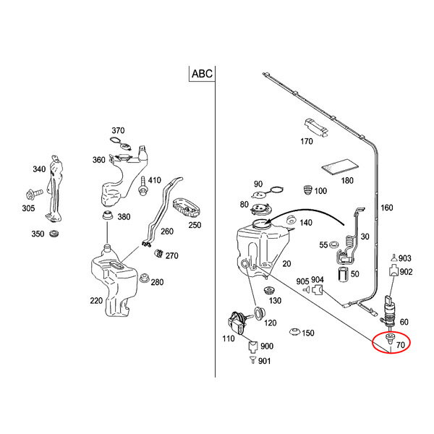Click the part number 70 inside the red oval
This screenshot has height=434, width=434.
pyautogui.click(x=400, y=346)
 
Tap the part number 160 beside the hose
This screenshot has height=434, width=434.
pyautogui.click(x=387, y=208)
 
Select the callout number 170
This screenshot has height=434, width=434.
pyautogui.click(x=307, y=142)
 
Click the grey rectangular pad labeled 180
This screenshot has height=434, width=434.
pyautogui.click(x=334, y=167)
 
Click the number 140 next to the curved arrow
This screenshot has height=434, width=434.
pyautogui.click(x=305, y=224)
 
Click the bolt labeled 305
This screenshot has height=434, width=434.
pyautogui.click(x=33, y=194)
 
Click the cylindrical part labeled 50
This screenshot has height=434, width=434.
pyautogui.click(x=345, y=273)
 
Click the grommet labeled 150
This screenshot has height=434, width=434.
pyautogui.click(x=295, y=333)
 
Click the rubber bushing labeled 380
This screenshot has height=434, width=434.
pyautogui.click(x=106, y=216)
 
